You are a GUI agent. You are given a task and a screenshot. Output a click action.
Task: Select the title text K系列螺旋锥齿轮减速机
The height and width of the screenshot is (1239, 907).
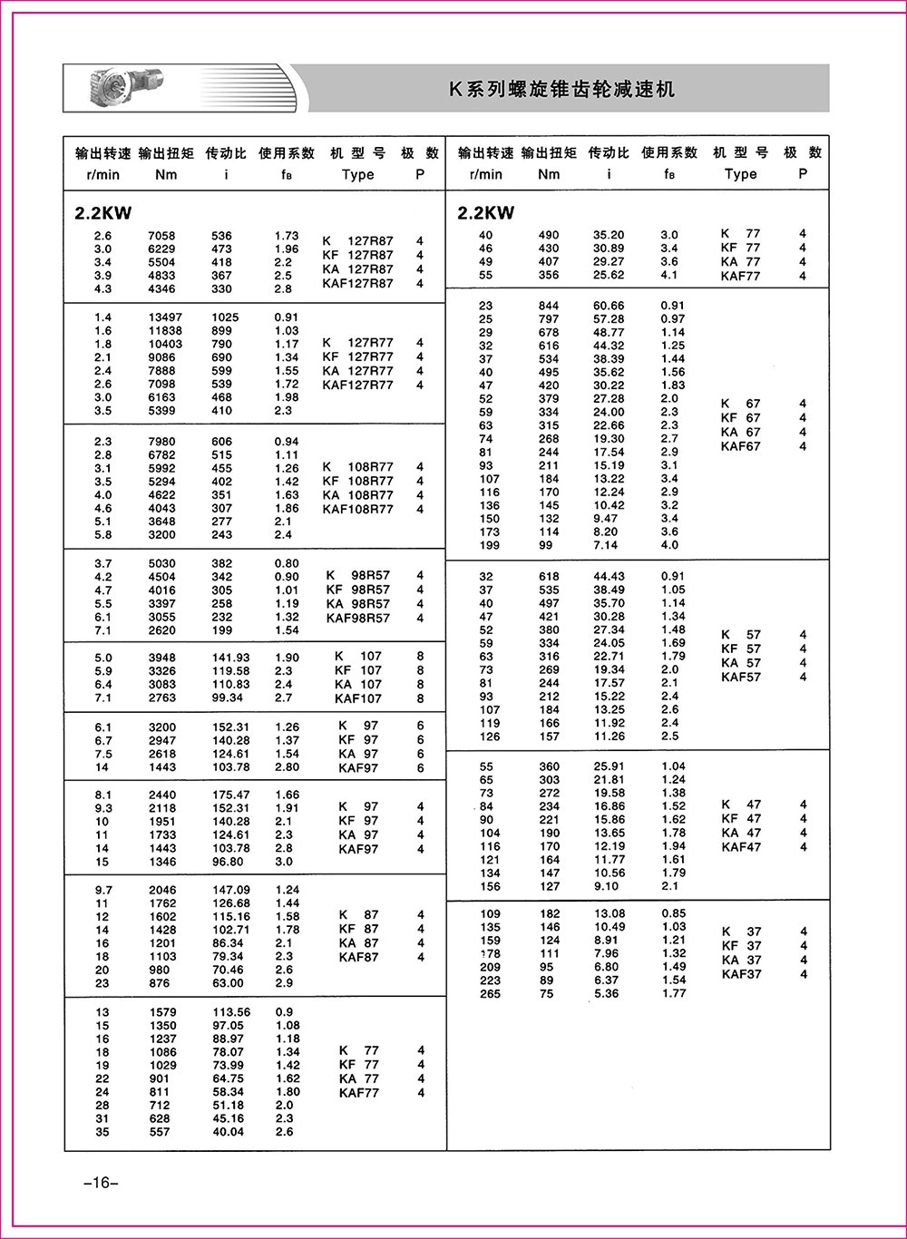[x=562, y=90]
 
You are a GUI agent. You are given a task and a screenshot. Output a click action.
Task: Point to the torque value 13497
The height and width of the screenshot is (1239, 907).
[x=165, y=317]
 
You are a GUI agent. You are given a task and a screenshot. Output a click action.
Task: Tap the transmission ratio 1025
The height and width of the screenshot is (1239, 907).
[x=221, y=317]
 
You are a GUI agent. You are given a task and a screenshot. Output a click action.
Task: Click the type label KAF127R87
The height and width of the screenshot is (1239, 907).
[x=358, y=283]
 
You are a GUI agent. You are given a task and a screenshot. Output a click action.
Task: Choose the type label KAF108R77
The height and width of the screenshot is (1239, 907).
[x=358, y=510]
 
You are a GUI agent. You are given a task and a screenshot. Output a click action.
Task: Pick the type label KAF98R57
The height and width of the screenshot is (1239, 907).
[x=357, y=618]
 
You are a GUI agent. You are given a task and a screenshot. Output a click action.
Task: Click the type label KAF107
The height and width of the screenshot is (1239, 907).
[x=358, y=698]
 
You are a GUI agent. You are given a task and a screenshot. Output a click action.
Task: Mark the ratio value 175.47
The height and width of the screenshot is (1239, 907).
[x=228, y=795]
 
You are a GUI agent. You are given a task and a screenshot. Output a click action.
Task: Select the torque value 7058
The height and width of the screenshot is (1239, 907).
[x=161, y=236]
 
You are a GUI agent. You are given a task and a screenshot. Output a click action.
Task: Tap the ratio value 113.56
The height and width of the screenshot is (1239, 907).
[x=228, y=1012]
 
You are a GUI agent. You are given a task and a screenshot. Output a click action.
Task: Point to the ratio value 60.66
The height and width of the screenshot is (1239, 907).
[x=609, y=306]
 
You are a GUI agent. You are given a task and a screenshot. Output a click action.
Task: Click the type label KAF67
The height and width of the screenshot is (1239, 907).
[x=741, y=446]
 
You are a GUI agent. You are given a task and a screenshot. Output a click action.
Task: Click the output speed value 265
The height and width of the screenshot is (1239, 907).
[x=490, y=993]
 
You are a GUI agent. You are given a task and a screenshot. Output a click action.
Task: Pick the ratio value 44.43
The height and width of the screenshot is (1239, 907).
[x=609, y=577]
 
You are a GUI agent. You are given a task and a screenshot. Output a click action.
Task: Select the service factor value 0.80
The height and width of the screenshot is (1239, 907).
[x=287, y=563]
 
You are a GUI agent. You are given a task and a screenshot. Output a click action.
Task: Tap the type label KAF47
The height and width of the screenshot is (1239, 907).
[x=741, y=847]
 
